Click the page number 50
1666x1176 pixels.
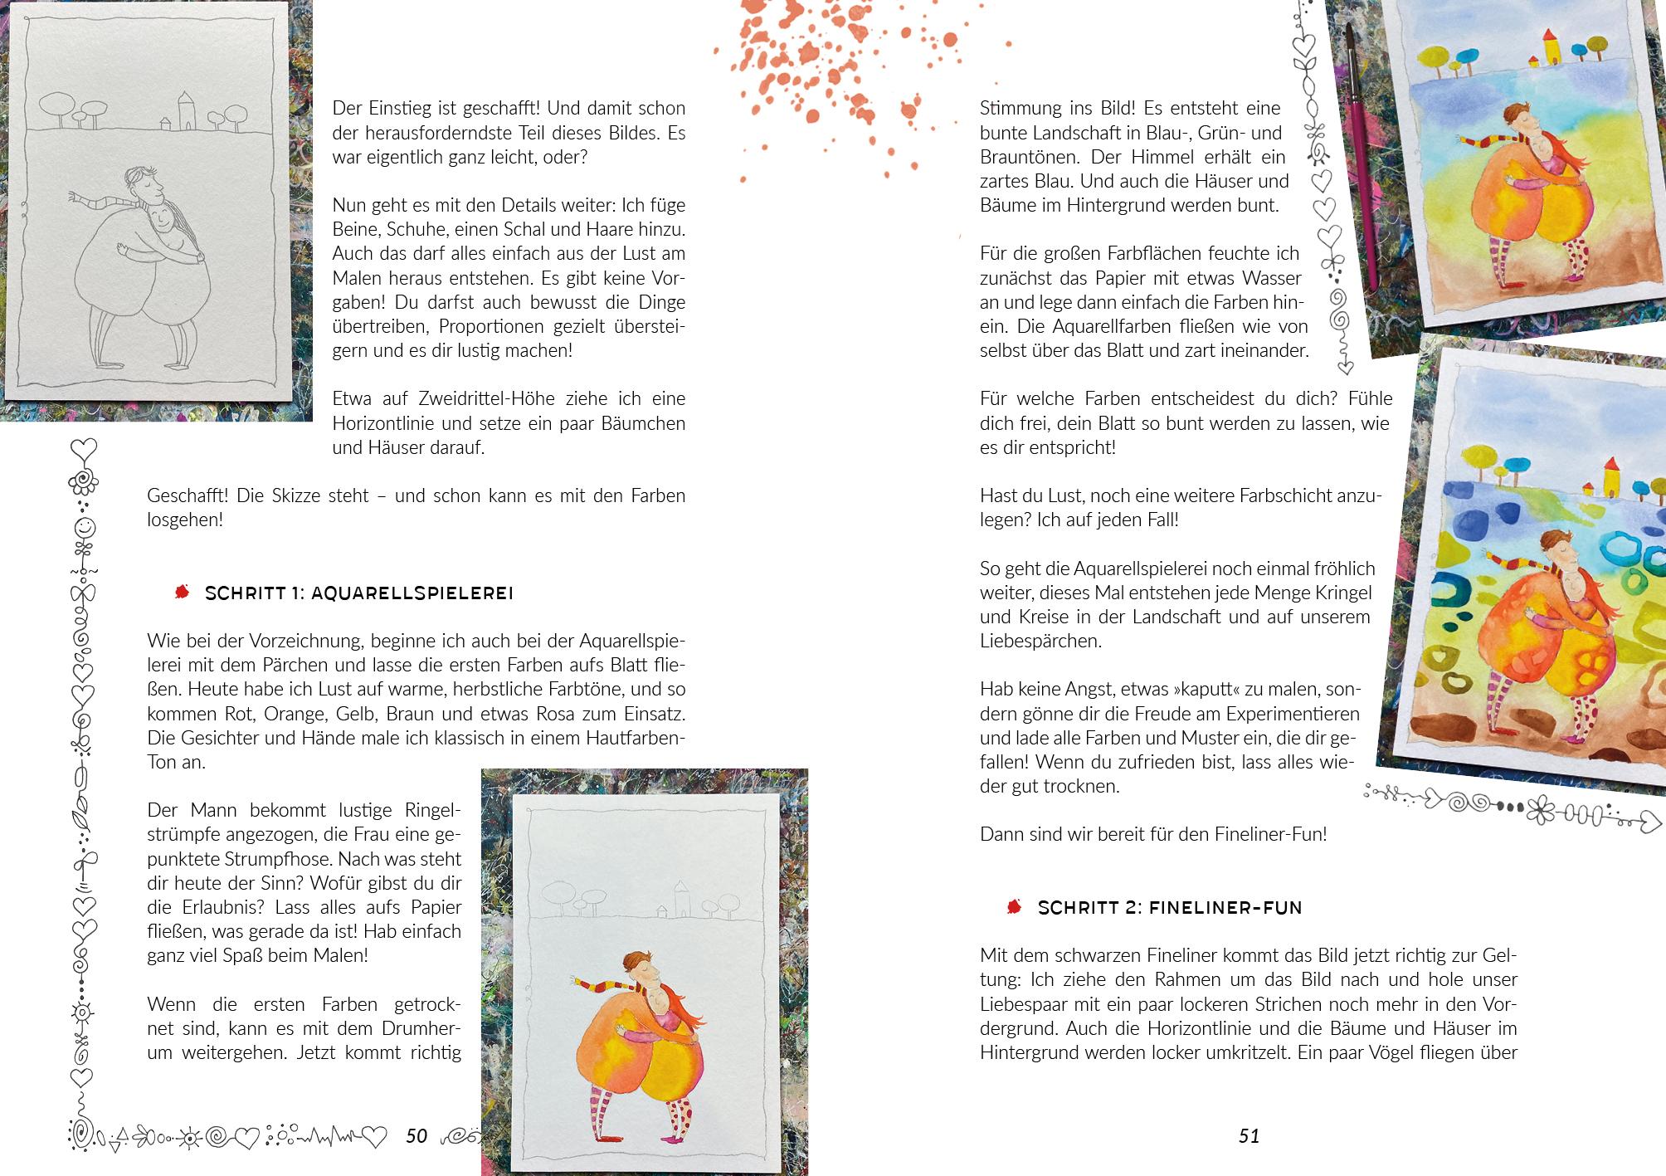[416, 1135]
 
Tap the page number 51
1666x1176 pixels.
[1249, 1136]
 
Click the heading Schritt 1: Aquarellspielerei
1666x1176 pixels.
[358, 593]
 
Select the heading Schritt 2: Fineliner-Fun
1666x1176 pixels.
[1169, 907]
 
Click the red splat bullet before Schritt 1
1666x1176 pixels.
[181, 592]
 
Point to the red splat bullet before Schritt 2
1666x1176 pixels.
[1013, 906]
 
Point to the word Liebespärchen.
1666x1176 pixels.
[1040, 641]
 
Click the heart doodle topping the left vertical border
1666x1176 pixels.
[83, 449]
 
